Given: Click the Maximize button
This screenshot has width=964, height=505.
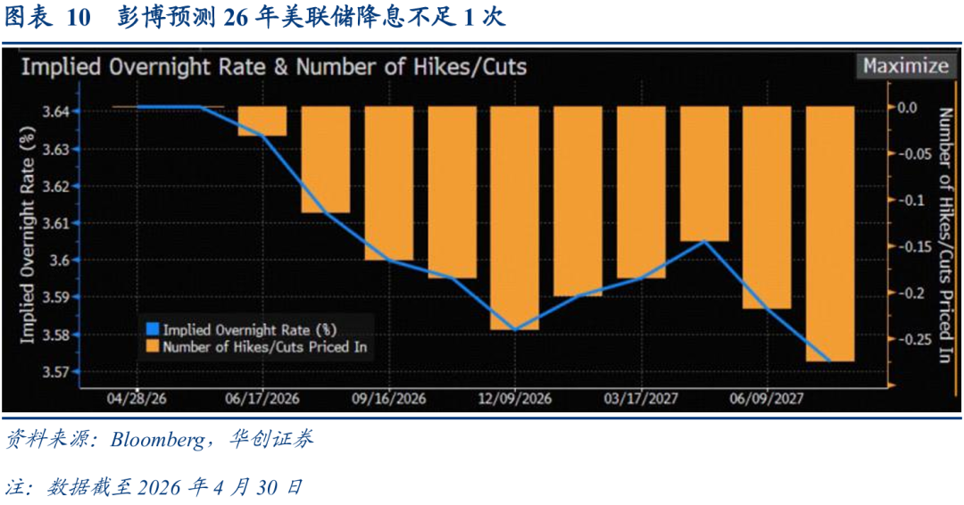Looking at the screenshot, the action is point(906,66).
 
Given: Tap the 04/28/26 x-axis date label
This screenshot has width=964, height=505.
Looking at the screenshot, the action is point(137,399).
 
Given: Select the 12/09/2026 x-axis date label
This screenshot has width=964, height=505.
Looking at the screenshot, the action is point(515,399).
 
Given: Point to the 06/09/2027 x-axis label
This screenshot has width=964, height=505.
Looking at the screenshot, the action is point(766,399).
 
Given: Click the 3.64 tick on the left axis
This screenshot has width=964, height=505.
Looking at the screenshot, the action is point(56,112).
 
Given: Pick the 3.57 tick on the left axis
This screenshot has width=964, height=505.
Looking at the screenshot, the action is point(56,372).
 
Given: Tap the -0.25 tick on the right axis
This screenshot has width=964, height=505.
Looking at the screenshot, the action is point(916,338).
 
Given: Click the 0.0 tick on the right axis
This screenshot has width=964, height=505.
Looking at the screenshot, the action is point(907,107).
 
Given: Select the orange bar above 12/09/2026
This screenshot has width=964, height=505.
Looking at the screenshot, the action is point(515,218).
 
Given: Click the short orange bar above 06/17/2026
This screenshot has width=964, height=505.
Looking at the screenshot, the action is point(262,121).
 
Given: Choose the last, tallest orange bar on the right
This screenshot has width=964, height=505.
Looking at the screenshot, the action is point(830,234).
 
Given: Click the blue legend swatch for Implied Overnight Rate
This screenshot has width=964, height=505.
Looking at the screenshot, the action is point(153,328).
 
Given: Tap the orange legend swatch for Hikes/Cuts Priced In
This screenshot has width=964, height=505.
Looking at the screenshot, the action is point(153,346).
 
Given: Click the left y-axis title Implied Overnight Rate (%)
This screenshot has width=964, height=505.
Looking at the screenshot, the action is point(29,236).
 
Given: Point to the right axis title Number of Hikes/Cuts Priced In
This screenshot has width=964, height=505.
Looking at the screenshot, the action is point(945,236).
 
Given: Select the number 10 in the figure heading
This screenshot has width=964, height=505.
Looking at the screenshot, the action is point(78,18).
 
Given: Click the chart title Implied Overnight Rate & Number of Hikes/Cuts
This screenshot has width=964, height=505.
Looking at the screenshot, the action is point(274,66).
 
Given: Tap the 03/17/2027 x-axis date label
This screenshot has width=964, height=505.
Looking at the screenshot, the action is point(641,399).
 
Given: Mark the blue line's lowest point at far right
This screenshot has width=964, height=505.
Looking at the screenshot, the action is point(830,361).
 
